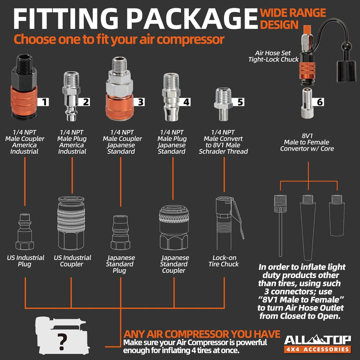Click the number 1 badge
coord(43,101)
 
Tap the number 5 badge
coord(239,101)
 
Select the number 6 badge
coord(318,101)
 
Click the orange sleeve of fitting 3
coord(119,106)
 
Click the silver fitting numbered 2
coord(71,96)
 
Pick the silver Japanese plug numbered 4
coord(171,97)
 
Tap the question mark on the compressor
coord(62,341)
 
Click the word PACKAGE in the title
coord(191,18)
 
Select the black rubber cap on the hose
coord(346,71)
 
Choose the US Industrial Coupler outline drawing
coord(71,223)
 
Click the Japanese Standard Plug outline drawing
coord(120,232)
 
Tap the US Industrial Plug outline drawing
coord(24,231)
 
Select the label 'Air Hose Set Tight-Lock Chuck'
coord(273,56)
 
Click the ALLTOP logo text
coord(317,340)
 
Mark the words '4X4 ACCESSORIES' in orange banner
coord(317,349)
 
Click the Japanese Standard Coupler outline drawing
coord(174,227)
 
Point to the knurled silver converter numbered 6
coord(308,103)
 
